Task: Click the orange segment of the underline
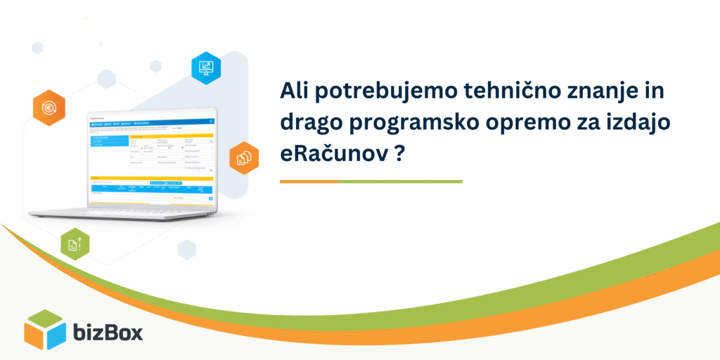[x=309, y=181]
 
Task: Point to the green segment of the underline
[x=400, y=181]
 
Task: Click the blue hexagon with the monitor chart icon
[x=206, y=68]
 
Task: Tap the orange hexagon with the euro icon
[x=49, y=108]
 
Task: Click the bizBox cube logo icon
[x=45, y=329]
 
